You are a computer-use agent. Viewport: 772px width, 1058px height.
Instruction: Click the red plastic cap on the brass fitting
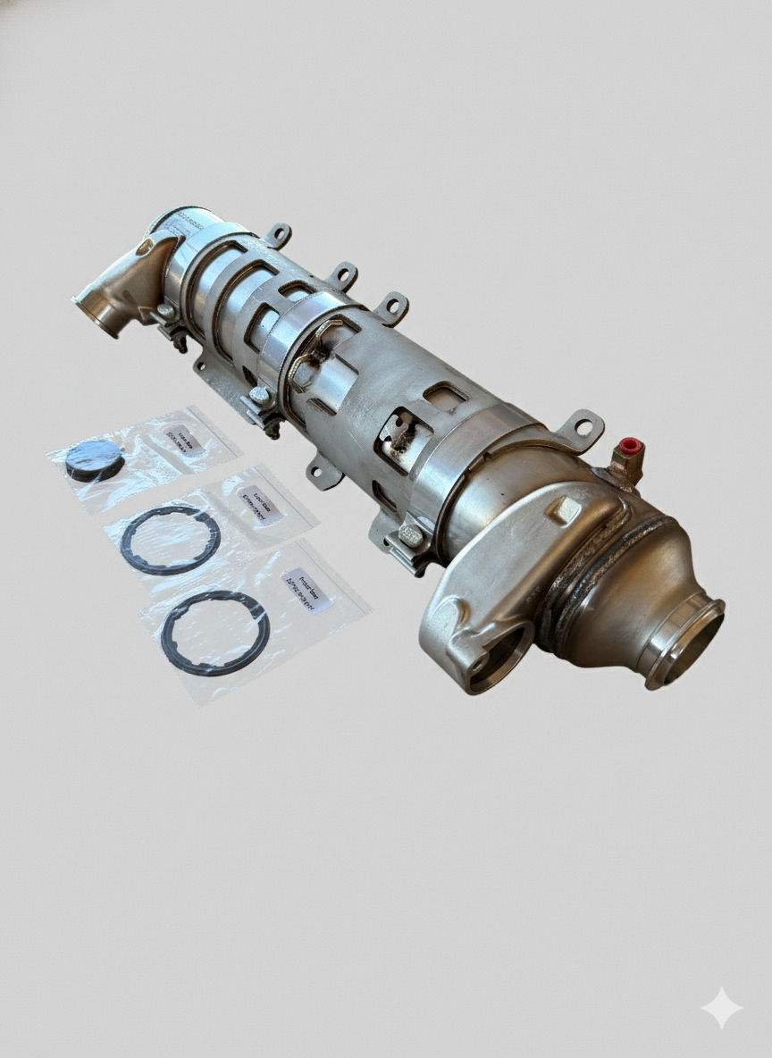tap(631, 445)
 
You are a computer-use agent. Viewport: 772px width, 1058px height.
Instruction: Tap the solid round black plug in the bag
tap(94, 459)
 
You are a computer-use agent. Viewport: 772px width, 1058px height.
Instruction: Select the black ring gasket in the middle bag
tap(170, 540)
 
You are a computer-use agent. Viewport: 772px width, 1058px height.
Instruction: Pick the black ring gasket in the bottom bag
tap(214, 632)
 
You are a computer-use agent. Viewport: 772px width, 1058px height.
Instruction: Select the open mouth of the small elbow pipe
tap(99, 314)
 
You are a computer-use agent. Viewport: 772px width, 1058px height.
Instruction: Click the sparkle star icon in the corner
tap(721, 1008)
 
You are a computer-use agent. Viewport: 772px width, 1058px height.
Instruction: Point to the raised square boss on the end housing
tap(564, 510)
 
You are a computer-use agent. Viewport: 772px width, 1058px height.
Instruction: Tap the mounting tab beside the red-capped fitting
tap(582, 426)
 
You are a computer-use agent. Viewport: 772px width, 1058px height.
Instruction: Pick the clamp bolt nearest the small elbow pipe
tap(165, 312)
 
